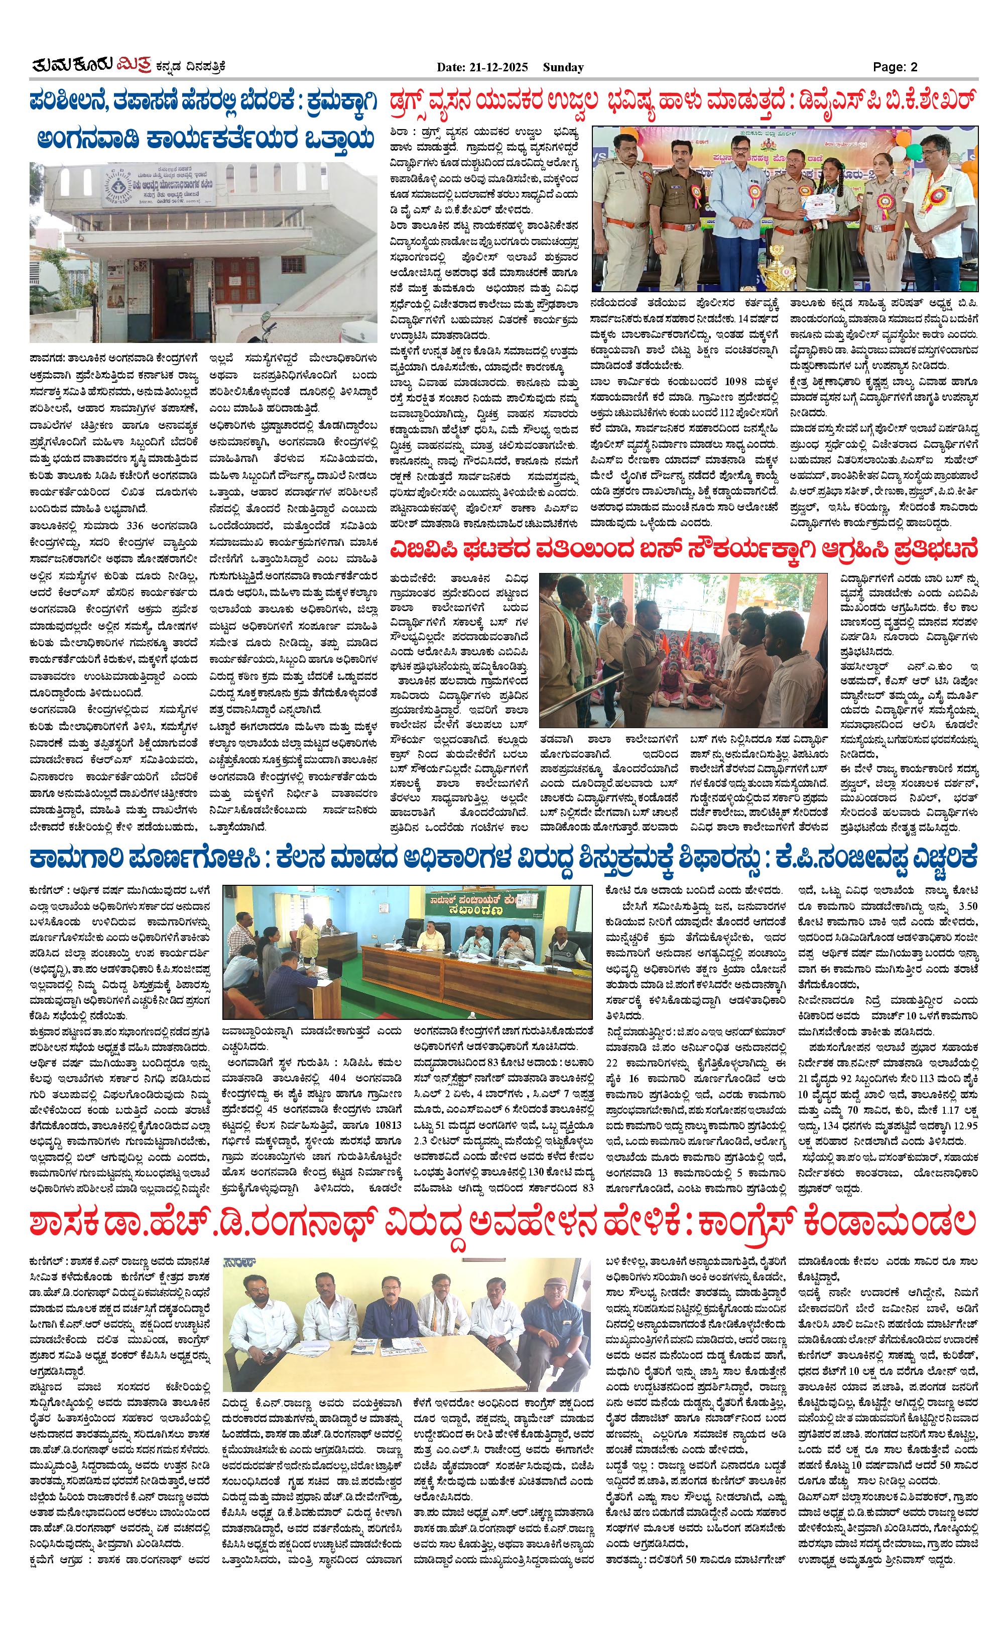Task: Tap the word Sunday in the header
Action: (563, 67)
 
